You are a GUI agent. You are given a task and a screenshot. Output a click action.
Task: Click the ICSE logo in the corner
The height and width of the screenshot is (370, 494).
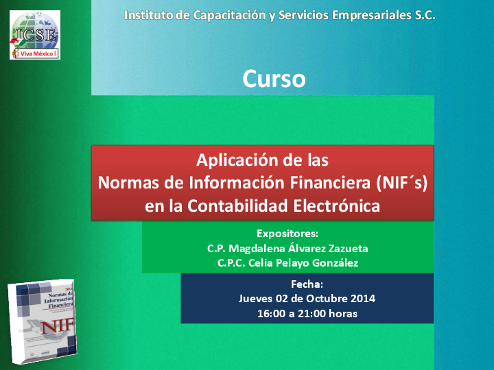(x=34, y=34)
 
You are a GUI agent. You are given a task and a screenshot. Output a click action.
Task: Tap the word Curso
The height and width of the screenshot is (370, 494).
(x=274, y=79)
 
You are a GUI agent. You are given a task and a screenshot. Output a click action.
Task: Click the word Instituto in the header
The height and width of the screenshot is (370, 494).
(x=150, y=14)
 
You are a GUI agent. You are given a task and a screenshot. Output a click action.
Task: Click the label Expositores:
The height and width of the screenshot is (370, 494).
(x=287, y=233)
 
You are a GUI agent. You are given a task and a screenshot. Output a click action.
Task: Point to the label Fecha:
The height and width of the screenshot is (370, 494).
(x=307, y=284)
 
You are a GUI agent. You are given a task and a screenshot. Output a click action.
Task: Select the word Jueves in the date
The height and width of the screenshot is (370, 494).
(x=255, y=299)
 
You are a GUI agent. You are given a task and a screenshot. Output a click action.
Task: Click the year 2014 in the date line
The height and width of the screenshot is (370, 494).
(x=362, y=299)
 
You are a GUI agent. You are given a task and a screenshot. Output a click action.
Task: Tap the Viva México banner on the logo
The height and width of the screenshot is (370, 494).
(x=34, y=52)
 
